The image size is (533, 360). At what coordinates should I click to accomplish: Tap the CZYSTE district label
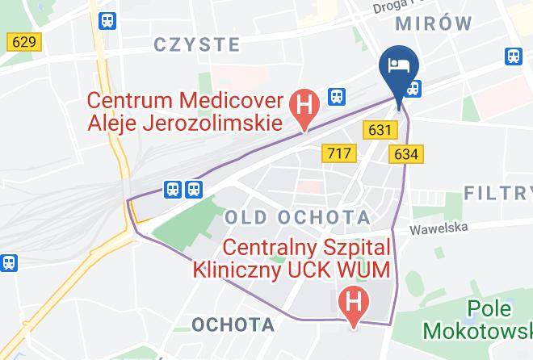click(x=198, y=44)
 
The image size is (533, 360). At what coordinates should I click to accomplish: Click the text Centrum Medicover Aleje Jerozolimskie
click(x=185, y=112)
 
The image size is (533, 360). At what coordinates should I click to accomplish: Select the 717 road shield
click(x=336, y=152)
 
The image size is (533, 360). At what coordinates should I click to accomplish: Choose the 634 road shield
click(x=406, y=153)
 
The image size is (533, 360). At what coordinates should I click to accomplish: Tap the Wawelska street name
click(x=439, y=228)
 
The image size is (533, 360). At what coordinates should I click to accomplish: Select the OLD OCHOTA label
click(x=297, y=216)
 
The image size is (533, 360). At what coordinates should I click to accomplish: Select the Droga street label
click(x=392, y=7)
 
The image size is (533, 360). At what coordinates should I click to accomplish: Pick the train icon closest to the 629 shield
click(x=105, y=23)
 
